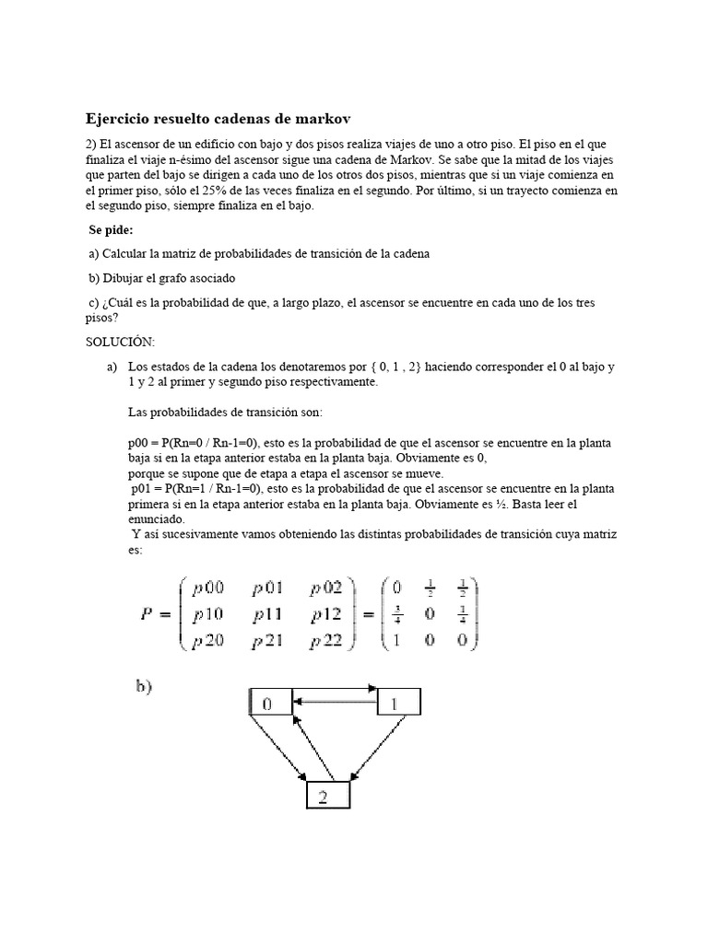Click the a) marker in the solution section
click(x=113, y=367)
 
